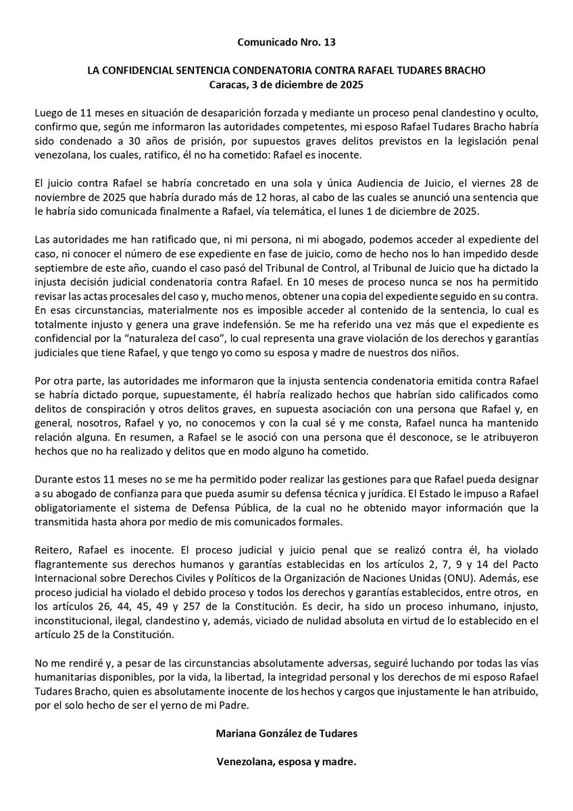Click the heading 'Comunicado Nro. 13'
[286, 42]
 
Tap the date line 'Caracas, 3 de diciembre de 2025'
[286, 85]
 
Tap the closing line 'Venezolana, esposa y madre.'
[286, 761]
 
